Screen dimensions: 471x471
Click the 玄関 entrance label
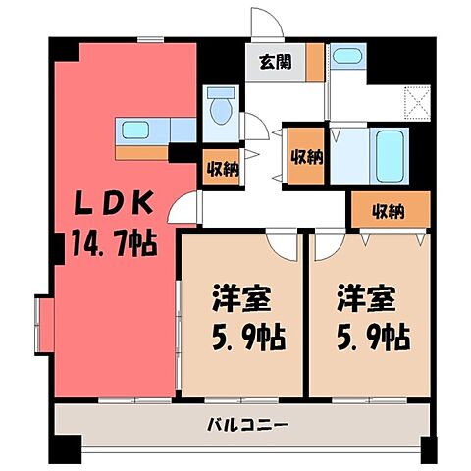(274, 63)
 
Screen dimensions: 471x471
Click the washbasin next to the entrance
(346, 57)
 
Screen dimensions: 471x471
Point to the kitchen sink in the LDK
(132, 129)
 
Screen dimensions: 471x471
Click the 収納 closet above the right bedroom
(389, 210)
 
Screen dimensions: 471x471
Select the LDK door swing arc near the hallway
(183, 206)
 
